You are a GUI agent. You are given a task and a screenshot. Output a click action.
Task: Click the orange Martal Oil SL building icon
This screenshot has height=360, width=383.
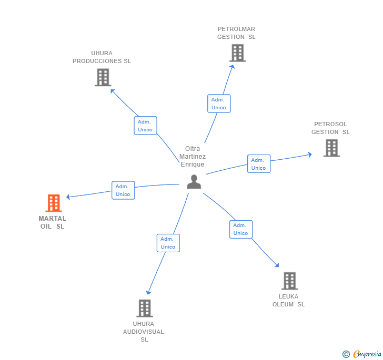click(x=53, y=203)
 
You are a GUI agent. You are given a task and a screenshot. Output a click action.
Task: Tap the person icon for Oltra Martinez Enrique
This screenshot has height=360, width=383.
click(x=194, y=182)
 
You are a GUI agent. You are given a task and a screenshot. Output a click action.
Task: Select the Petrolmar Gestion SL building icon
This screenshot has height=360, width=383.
click(x=237, y=53)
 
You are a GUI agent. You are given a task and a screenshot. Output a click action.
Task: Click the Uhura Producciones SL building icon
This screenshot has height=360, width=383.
click(x=103, y=77)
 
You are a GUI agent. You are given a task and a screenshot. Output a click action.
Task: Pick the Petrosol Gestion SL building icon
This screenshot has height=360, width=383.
click(x=331, y=148)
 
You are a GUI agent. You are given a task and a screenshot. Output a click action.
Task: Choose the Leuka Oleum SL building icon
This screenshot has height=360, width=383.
click(x=289, y=281)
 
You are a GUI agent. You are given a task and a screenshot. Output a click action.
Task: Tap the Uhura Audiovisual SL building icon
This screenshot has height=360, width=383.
click(x=144, y=308)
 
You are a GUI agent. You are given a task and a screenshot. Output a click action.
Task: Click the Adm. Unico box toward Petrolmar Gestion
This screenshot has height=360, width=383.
click(x=219, y=104)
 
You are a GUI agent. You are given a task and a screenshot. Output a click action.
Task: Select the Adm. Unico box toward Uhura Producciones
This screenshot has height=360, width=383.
click(x=145, y=126)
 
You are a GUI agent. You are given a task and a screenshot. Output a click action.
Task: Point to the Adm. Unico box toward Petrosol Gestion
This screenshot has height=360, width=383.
click(x=258, y=164)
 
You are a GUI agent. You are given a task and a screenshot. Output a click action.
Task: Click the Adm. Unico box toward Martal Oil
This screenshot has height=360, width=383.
click(x=123, y=190)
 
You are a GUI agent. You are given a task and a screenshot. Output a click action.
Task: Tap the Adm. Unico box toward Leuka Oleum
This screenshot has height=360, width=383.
click(x=241, y=229)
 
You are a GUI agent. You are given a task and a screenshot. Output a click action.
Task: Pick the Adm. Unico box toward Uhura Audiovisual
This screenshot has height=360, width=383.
click(x=168, y=243)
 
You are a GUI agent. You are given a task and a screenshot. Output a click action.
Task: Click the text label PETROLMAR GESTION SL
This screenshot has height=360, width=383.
click(x=236, y=33)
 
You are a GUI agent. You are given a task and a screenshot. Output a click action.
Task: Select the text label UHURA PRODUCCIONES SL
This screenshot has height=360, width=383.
click(x=102, y=57)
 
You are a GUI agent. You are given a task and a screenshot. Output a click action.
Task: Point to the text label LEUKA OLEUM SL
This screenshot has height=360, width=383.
click(x=288, y=300)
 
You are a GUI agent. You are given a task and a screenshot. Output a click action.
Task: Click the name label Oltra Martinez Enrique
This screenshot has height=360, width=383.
click(x=192, y=157)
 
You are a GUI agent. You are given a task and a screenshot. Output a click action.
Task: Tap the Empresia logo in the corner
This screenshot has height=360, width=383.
click(x=362, y=354)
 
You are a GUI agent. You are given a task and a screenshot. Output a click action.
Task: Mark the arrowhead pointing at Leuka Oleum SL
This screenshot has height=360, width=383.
click(x=277, y=265)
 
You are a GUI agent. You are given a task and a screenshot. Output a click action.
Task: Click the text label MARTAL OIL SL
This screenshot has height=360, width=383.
click(x=53, y=222)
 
